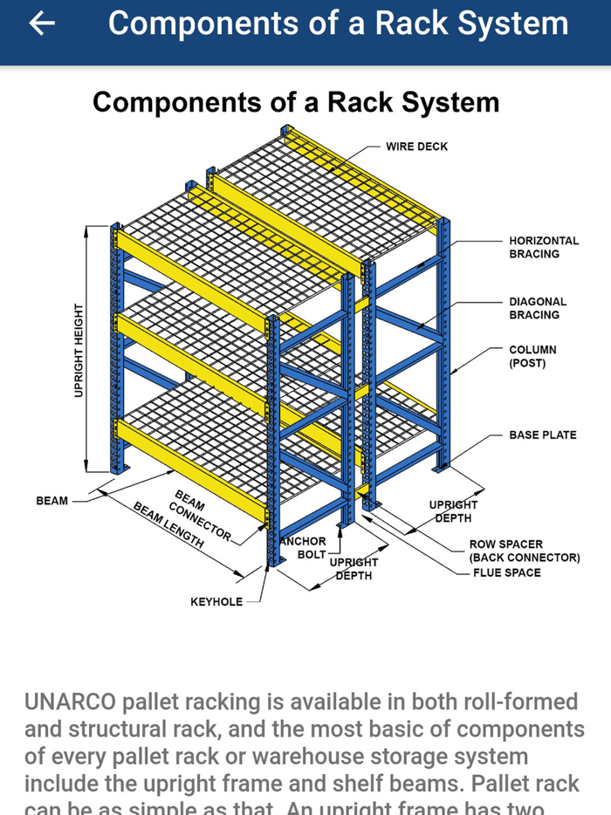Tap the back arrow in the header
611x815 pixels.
pos(41,24)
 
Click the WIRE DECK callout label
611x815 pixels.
pos(416,147)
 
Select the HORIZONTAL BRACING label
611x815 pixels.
pos(544,247)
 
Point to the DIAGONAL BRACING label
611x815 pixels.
pos(538,308)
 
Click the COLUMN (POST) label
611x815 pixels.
pos(532,356)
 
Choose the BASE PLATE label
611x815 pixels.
pos(543,435)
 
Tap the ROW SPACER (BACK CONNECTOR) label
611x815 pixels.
pos(524,551)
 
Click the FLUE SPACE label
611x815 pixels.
pos(506,572)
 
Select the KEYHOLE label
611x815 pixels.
pos(216,602)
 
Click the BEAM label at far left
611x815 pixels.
pos(51,501)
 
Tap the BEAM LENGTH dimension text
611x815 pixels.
pos(168,524)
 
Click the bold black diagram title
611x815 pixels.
pos(296,102)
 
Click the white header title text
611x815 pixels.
pos(338,24)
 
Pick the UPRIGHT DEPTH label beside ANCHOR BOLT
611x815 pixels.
pos(354,569)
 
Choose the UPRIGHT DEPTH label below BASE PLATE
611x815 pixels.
pos(453,511)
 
